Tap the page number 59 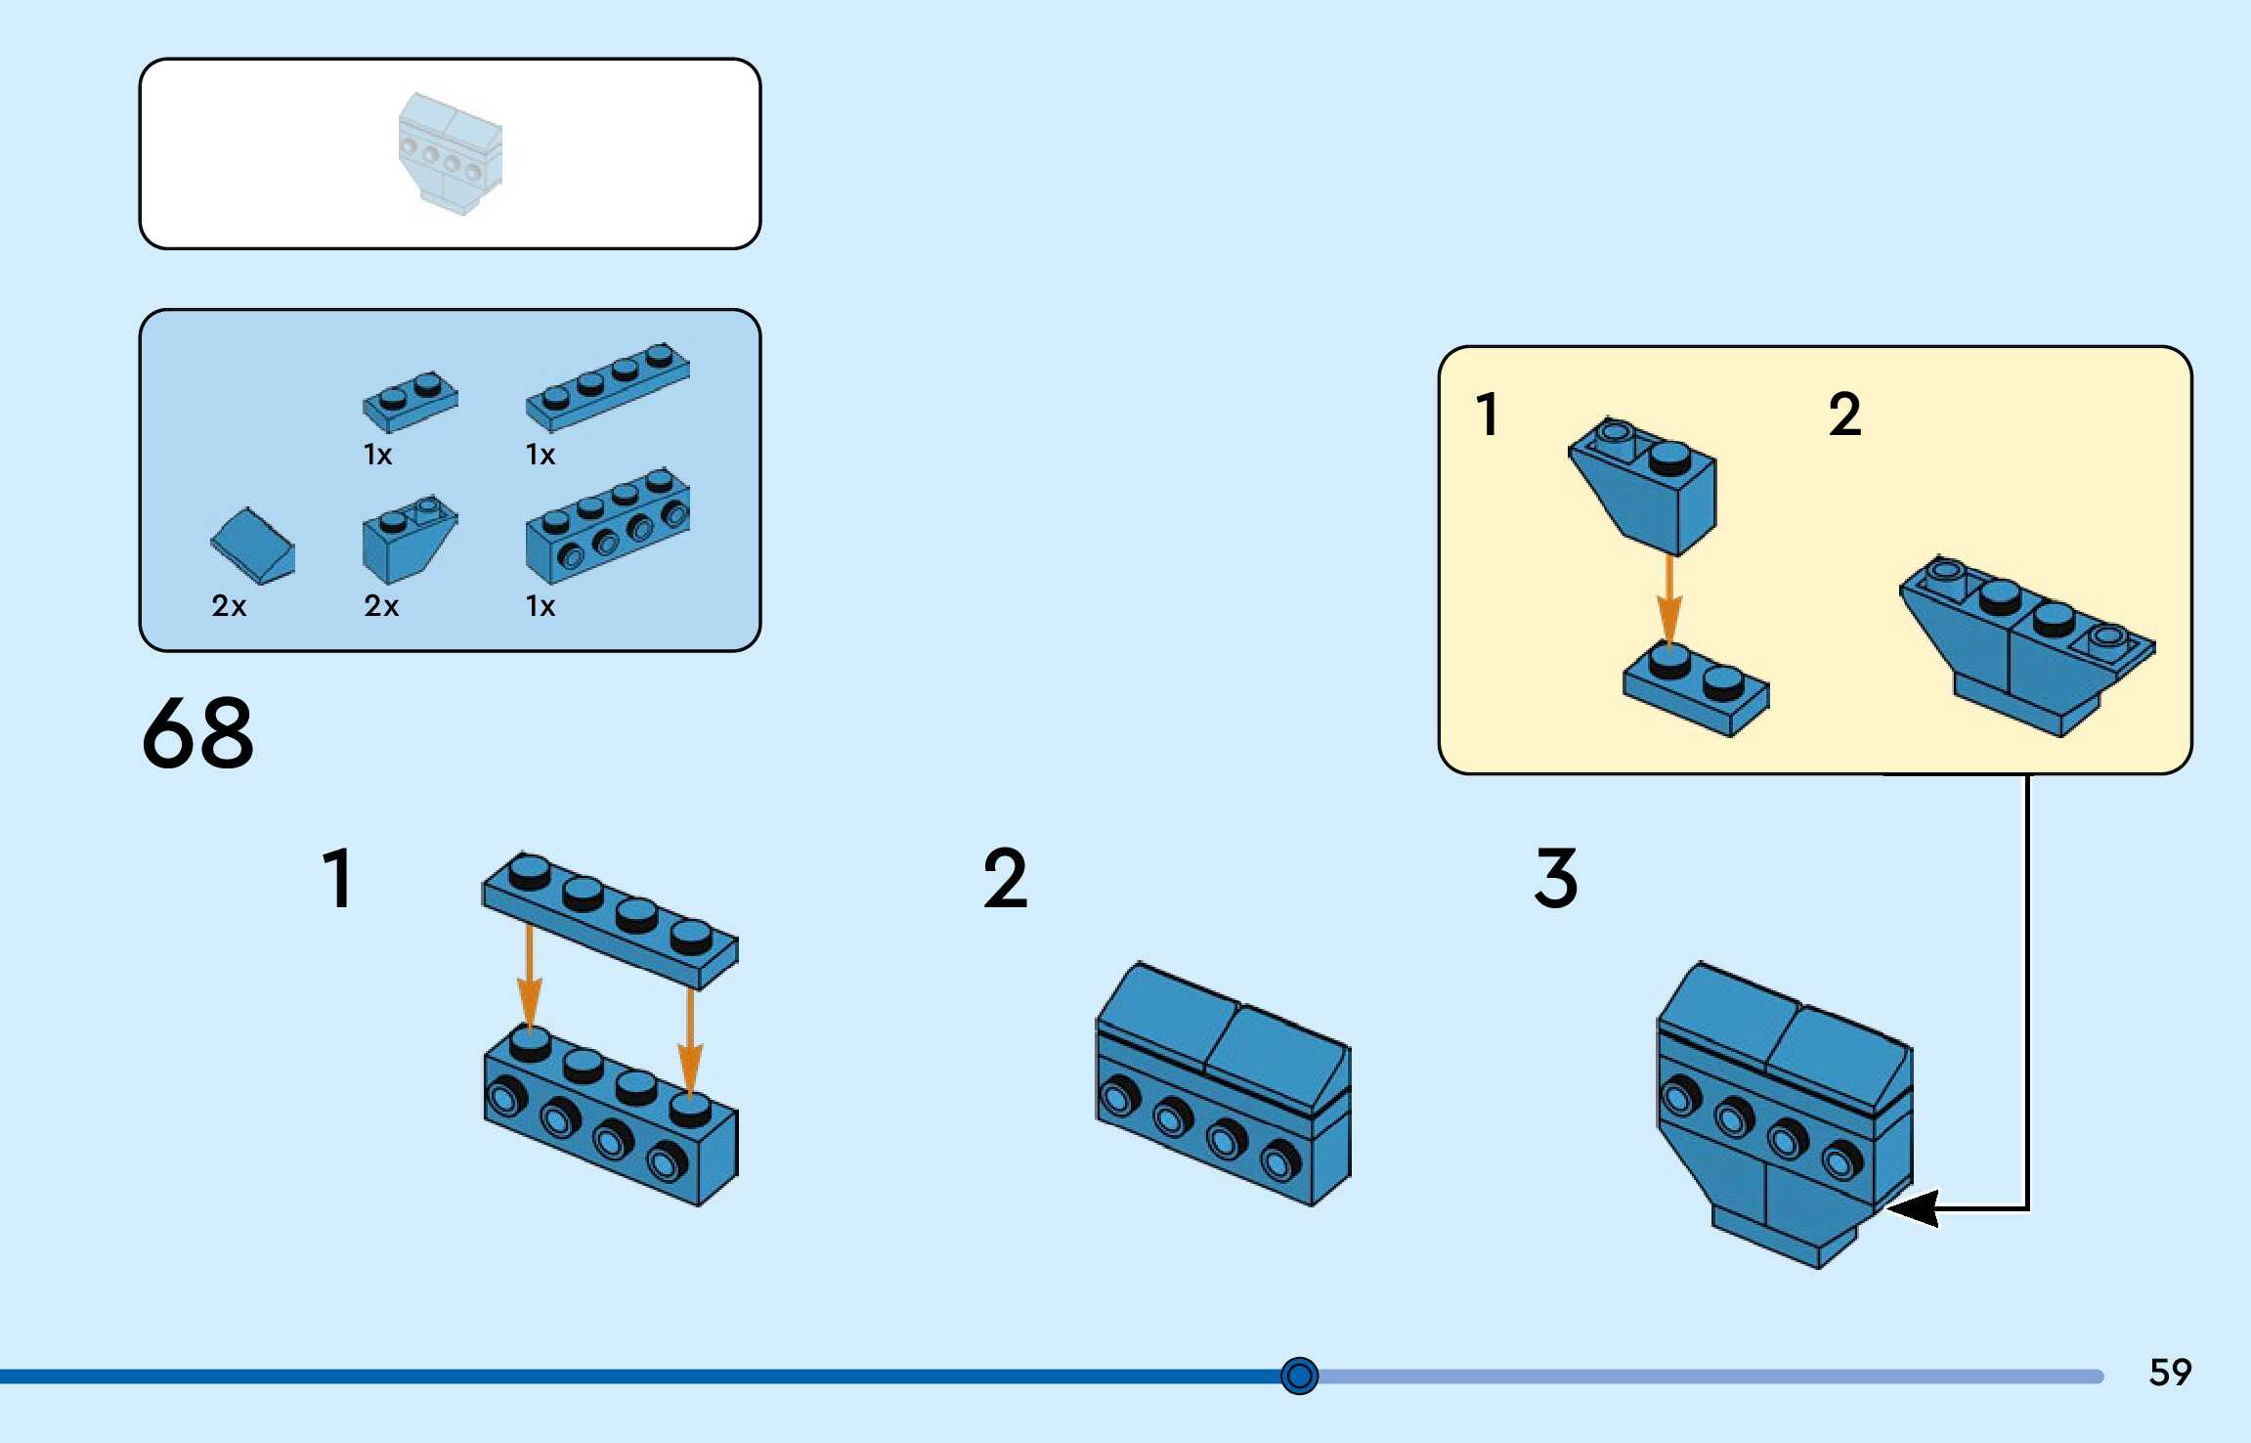tap(2170, 1372)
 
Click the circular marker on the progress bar tap(1299, 1376)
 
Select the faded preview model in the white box tap(450, 153)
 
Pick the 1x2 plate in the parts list tap(411, 400)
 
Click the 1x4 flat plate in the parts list tap(607, 386)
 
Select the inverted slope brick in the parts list tap(407, 540)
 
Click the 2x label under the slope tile tap(229, 606)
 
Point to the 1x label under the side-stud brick tap(541, 606)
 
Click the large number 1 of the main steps tap(337, 878)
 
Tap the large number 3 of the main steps tap(1556, 878)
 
